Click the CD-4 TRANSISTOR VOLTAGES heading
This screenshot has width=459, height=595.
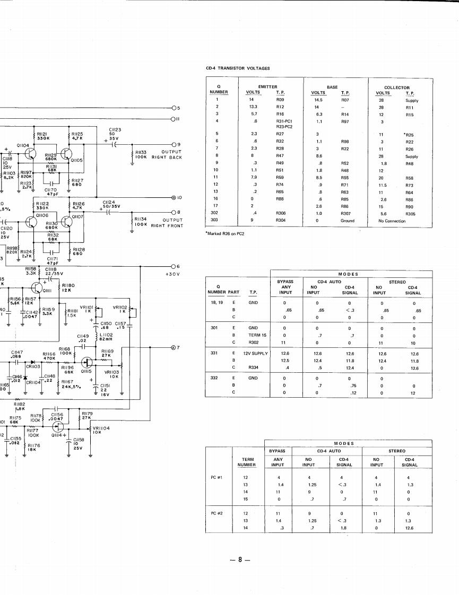click(238, 68)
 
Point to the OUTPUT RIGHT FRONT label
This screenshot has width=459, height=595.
click(167, 223)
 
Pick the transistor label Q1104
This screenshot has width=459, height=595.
click(23, 144)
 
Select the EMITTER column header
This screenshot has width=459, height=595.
click(268, 87)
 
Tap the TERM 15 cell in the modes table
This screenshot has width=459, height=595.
click(257, 335)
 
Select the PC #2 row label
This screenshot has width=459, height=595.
click(216, 514)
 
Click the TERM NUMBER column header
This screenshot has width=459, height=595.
click(247, 462)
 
